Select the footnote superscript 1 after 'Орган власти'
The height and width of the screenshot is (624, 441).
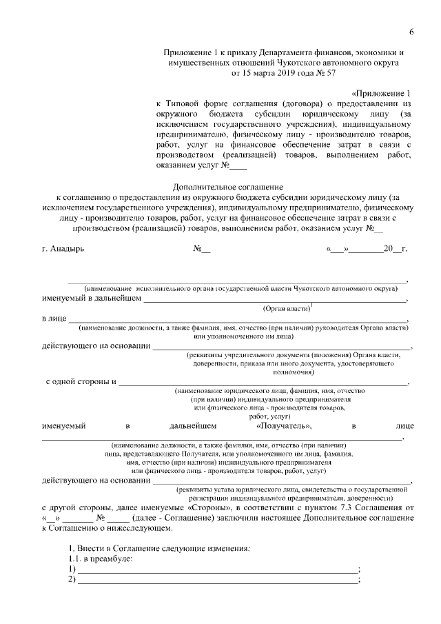(x=311, y=305)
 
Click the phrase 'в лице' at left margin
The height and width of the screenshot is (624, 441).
(x=54, y=319)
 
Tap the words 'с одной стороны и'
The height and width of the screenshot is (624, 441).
(x=82, y=381)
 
